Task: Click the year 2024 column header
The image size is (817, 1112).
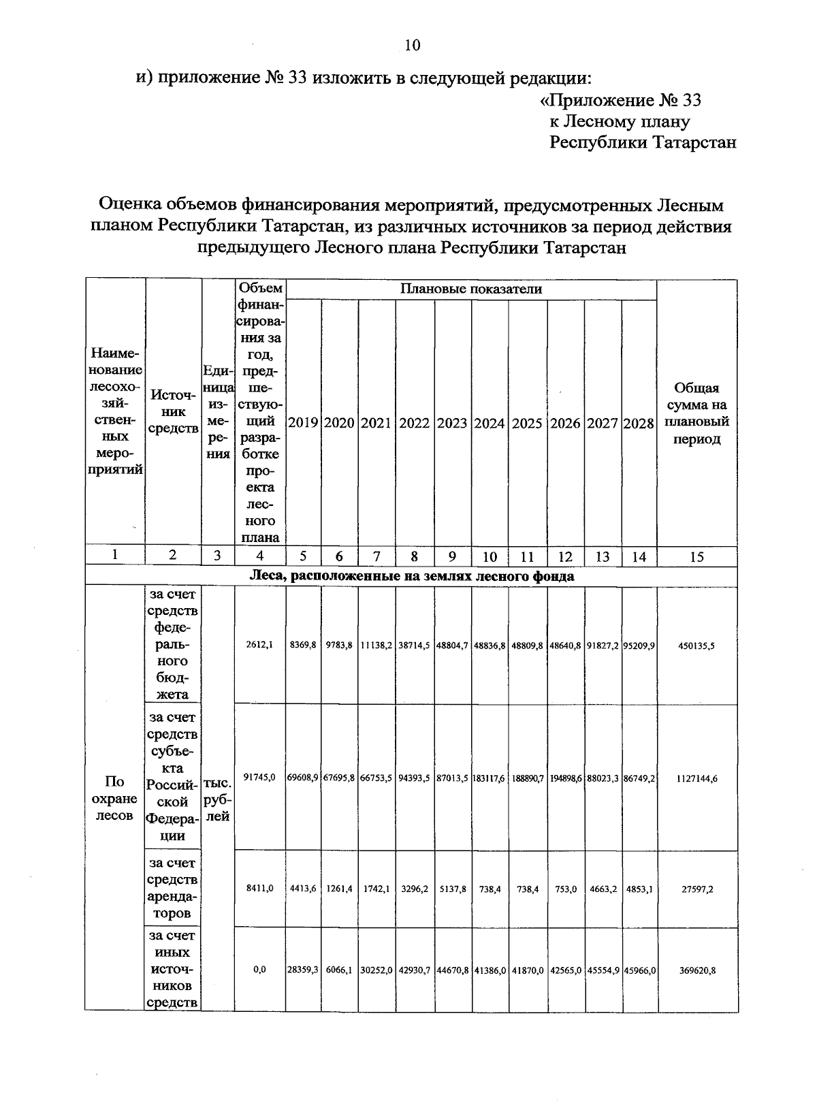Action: click(x=490, y=423)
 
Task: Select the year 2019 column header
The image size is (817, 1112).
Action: click(x=304, y=423)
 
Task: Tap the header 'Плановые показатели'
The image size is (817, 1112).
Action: click(x=470, y=289)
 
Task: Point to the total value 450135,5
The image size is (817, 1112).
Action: click(x=696, y=646)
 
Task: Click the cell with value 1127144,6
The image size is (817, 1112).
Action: click(x=696, y=778)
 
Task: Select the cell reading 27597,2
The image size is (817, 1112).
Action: click(x=696, y=889)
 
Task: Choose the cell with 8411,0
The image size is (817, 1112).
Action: click(x=259, y=888)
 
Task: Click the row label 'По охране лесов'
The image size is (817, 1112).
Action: click(x=114, y=798)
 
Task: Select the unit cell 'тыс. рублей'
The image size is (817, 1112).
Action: click(x=217, y=799)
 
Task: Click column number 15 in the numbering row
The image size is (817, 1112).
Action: click(x=696, y=557)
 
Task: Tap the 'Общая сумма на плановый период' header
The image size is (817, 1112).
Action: click(x=696, y=413)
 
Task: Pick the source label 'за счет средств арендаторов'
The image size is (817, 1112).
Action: click(x=173, y=889)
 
